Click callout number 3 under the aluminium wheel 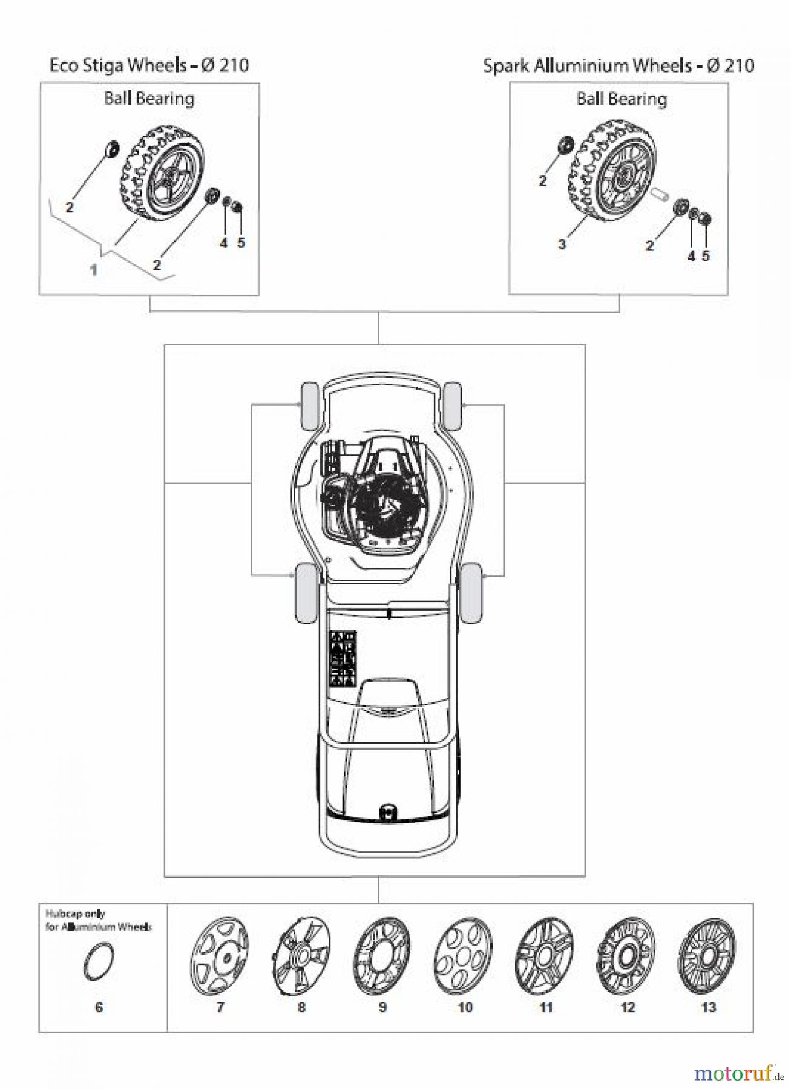click(562, 244)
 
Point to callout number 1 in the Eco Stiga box click(94, 270)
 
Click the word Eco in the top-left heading click(62, 65)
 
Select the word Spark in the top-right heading click(506, 65)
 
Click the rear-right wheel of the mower click(471, 593)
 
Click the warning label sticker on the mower click(342, 659)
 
